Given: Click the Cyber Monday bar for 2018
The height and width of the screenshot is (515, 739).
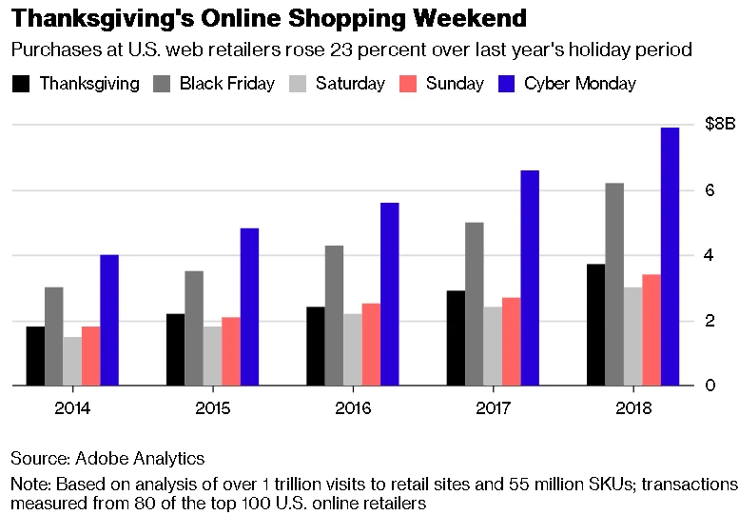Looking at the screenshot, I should pyautogui.click(x=670, y=256).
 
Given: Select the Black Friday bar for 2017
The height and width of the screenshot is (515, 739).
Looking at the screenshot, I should pyautogui.click(x=474, y=304).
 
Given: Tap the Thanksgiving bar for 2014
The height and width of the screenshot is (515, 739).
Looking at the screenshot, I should pyautogui.click(x=35, y=356).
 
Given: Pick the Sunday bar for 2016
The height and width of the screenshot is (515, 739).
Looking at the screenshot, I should pyautogui.click(x=370, y=345).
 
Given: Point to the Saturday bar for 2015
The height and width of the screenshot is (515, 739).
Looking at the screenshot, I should pyautogui.click(x=211, y=356).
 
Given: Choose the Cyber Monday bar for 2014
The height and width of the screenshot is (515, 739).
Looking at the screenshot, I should pyautogui.click(x=108, y=320).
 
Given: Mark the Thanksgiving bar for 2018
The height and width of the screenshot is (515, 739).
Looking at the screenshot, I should pyautogui.click(x=595, y=325).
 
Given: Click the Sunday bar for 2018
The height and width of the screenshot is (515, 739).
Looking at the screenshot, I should pyautogui.click(x=651, y=329).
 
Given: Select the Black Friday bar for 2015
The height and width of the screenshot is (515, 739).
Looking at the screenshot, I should pyautogui.click(x=193, y=328).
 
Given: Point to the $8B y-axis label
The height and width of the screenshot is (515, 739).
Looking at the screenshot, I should pyautogui.click(x=720, y=125).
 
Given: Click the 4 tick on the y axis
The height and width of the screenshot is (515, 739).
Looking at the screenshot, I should pyautogui.click(x=710, y=255).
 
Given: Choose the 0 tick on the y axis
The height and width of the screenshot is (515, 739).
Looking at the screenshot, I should pyautogui.click(x=710, y=386).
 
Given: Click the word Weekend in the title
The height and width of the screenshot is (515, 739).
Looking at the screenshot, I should pyautogui.click(x=446, y=20).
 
